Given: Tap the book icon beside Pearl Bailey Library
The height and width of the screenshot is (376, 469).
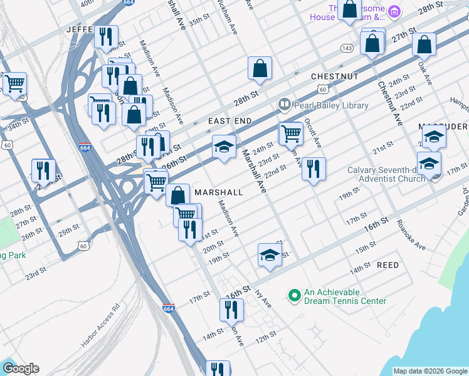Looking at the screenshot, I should click(284, 105).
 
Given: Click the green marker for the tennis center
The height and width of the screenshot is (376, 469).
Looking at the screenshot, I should click(293, 294).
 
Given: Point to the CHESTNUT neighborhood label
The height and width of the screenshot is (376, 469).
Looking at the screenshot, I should click(334, 76).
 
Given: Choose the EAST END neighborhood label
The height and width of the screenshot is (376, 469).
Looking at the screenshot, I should click(230, 121).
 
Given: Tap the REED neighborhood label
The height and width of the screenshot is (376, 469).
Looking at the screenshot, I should click(387, 265).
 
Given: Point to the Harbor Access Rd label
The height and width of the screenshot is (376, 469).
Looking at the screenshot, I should click(100, 326).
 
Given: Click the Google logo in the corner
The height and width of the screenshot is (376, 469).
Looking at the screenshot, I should click(20, 368).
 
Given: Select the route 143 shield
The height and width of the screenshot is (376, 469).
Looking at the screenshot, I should click(347, 48).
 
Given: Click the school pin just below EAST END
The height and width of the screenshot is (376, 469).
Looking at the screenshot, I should click(224, 147).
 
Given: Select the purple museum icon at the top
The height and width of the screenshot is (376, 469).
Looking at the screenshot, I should click(394, 11).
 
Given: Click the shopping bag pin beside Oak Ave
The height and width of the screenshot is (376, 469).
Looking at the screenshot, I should click(424, 45).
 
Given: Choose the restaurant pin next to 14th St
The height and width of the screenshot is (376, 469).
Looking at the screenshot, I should click(231, 310).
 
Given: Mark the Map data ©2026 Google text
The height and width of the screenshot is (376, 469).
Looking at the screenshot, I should click(429, 371).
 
